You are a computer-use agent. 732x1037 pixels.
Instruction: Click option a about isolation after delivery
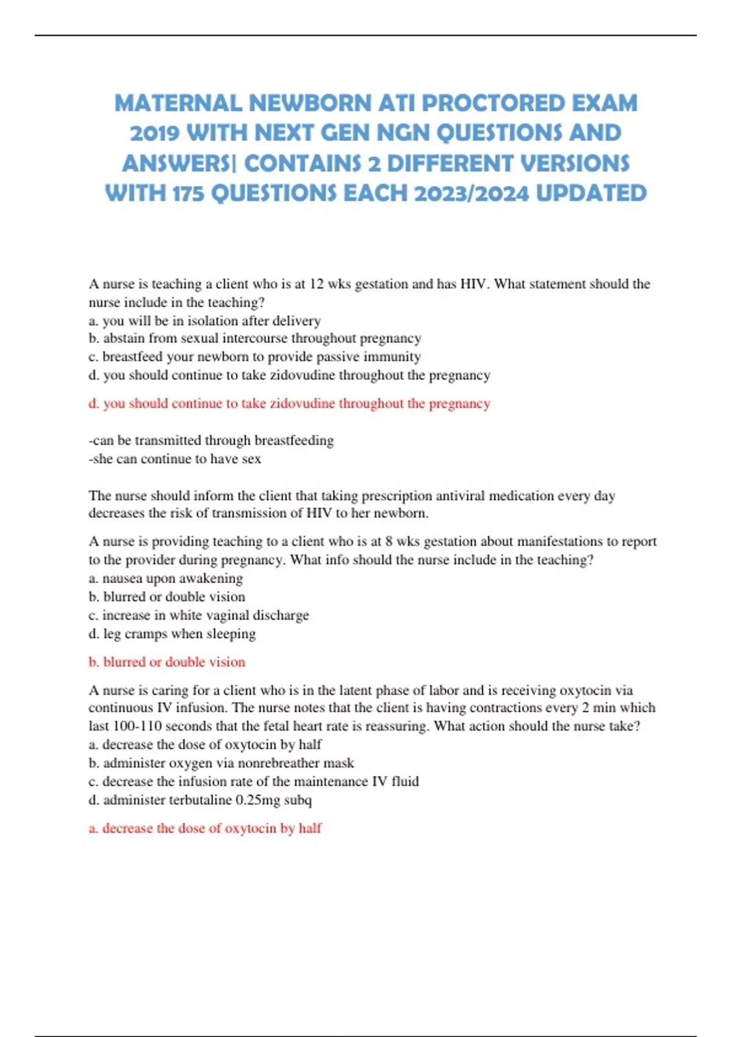(204, 320)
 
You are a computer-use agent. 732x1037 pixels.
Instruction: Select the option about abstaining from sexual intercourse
(254, 338)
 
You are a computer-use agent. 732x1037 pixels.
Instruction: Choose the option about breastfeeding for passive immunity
(254, 356)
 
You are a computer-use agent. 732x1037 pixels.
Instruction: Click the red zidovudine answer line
(289, 403)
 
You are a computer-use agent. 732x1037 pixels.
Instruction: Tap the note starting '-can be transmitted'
(211, 440)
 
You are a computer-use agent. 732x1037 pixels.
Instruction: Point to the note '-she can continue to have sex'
(174, 458)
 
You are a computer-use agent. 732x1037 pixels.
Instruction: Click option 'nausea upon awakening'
(165, 578)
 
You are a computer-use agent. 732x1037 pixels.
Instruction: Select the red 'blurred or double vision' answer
(167, 662)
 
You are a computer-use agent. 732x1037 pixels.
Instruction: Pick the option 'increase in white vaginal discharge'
(198, 615)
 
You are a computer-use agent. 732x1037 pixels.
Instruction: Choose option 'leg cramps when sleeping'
(172, 633)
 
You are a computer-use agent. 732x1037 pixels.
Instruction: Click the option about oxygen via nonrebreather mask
(221, 762)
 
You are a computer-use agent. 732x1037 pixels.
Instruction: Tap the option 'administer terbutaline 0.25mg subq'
(200, 799)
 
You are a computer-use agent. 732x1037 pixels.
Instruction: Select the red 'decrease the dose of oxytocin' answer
(205, 828)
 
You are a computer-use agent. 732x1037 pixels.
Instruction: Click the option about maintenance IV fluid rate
(253, 781)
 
